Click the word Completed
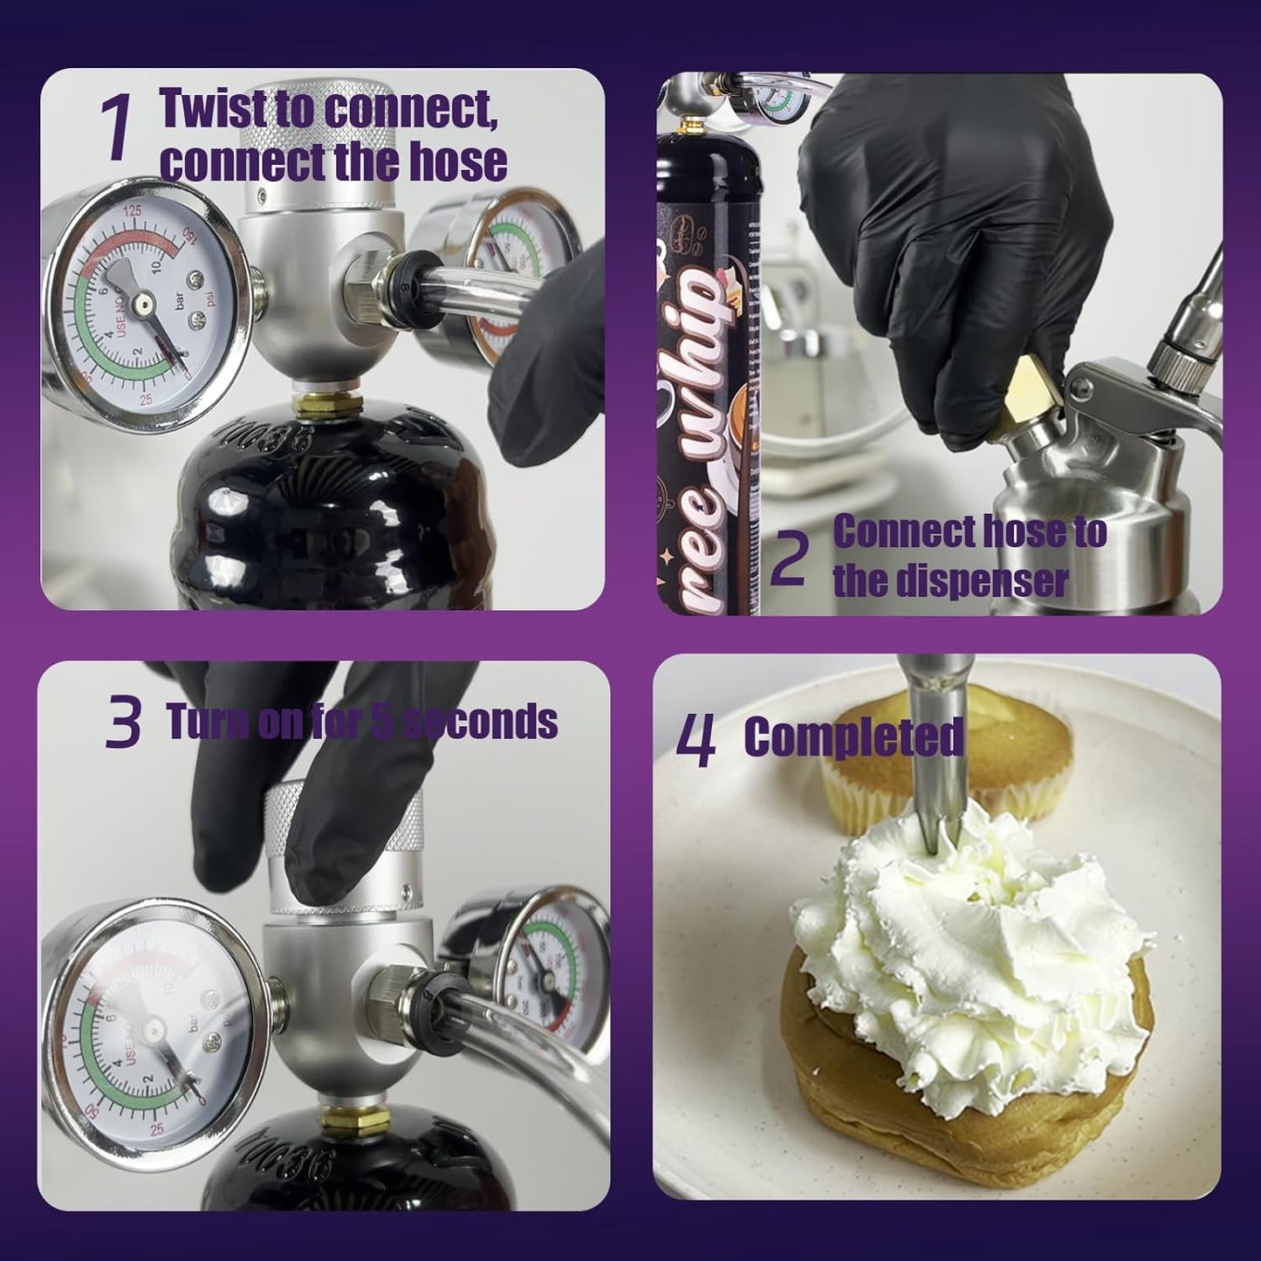coord(853,738)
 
